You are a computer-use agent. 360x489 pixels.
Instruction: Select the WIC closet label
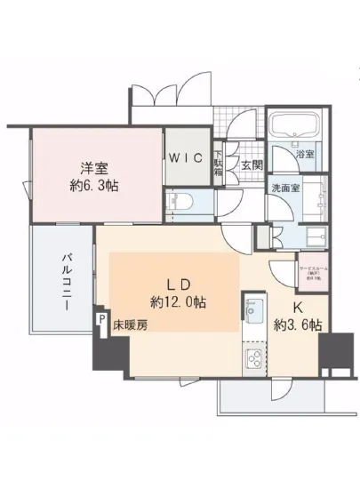[188, 158]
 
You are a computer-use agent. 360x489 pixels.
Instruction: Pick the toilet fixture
[182, 201]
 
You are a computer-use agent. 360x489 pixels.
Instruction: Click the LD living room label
[178, 284]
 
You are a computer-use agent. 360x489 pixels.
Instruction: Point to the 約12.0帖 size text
[178, 303]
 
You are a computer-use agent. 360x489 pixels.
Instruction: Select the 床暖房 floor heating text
[129, 326]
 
